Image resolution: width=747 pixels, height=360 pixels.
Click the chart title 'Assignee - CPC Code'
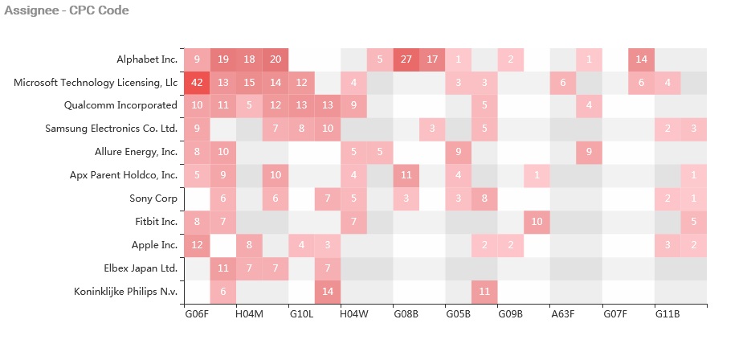click(67, 10)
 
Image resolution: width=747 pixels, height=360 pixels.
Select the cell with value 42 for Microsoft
click(197, 83)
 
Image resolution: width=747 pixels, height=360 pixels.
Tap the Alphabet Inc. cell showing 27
click(406, 59)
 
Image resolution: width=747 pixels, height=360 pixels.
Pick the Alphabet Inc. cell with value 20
click(276, 59)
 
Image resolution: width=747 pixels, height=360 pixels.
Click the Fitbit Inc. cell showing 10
click(537, 222)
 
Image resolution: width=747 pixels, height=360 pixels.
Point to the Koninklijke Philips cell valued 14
click(328, 292)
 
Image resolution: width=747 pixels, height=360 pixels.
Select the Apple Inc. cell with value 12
click(197, 245)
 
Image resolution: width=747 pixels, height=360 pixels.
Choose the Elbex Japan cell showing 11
click(223, 268)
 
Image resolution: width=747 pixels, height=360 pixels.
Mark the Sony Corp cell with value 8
click(484, 198)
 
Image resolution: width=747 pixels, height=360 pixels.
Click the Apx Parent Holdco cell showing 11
click(406, 175)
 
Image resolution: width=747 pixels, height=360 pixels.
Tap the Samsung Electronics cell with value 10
click(328, 129)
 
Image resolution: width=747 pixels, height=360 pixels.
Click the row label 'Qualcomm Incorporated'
click(120, 105)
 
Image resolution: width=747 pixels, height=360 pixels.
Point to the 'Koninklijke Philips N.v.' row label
click(119, 292)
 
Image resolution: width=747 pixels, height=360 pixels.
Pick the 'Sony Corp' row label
click(153, 198)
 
